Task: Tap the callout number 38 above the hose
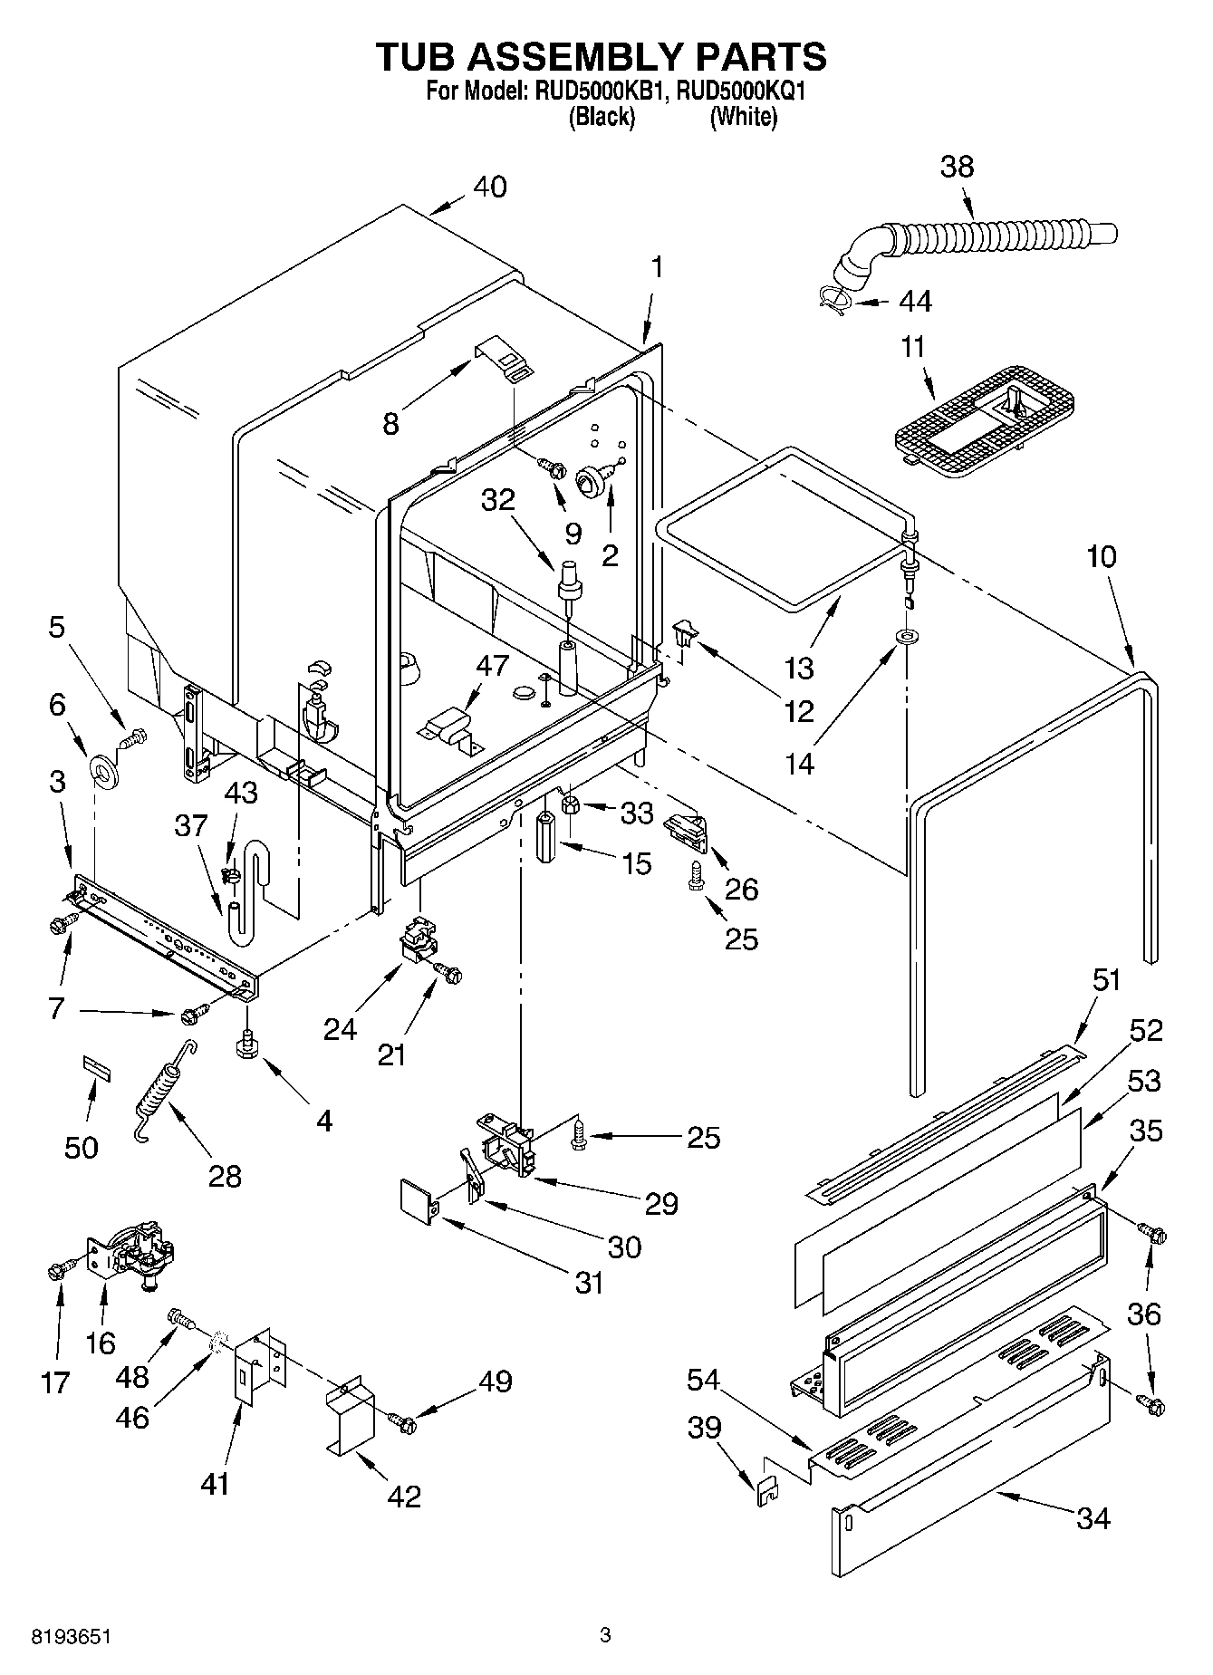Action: (x=957, y=167)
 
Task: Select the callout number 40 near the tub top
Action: (x=490, y=187)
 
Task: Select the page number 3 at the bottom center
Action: (x=605, y=1635)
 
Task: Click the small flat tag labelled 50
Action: (x=97, y=1066)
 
